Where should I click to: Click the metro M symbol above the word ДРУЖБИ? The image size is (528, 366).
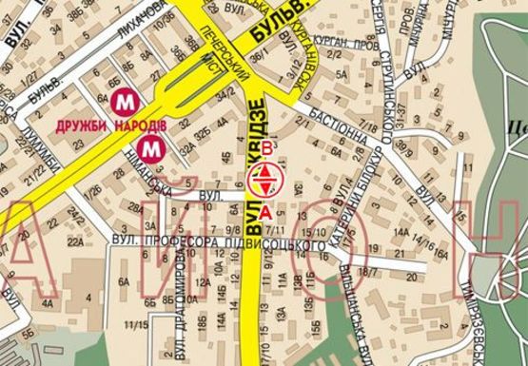pyautogui.click(x=122, y=100)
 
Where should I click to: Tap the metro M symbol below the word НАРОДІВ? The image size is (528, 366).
pyautogui.click(x=150, y=147)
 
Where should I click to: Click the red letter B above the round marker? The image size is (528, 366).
pyautogui.click(x=268, y=147)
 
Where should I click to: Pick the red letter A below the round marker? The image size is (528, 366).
pyautogui.click(x=267, y=210)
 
